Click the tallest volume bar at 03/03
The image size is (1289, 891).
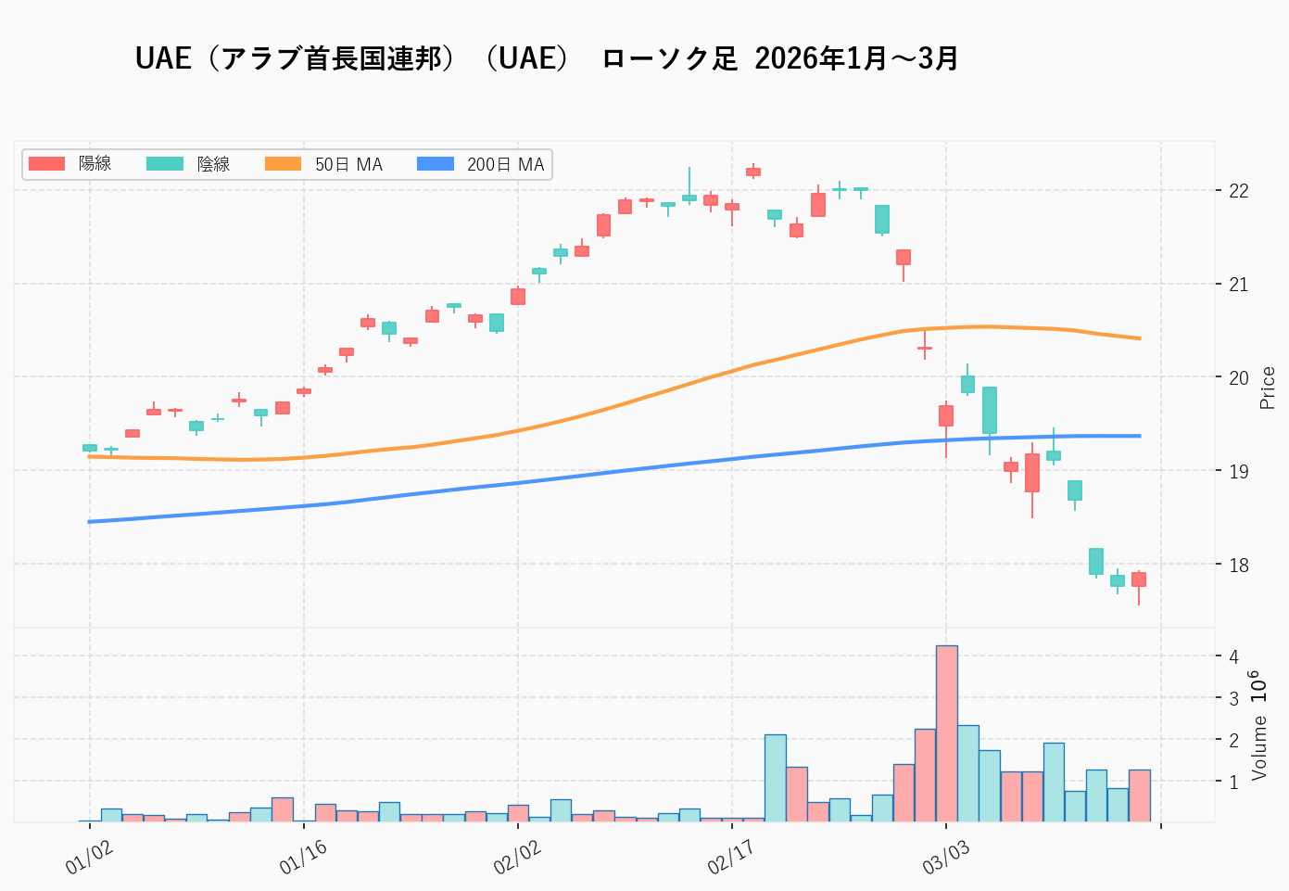point(946,732)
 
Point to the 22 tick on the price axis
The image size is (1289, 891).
point(1238,191)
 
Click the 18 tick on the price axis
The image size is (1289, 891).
point(1238,565)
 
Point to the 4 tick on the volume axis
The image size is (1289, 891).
point(1233,656)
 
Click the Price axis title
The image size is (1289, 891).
point(1268,388)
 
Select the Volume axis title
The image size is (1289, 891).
point(1258,747)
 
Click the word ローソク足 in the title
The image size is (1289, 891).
point(669,58)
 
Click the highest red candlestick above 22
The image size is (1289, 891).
point(753,172)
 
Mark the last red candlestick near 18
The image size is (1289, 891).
point(1139,579)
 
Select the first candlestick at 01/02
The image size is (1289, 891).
point(90,448)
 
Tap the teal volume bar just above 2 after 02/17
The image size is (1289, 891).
point(775,777)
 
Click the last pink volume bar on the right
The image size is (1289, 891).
point(1139,796)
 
